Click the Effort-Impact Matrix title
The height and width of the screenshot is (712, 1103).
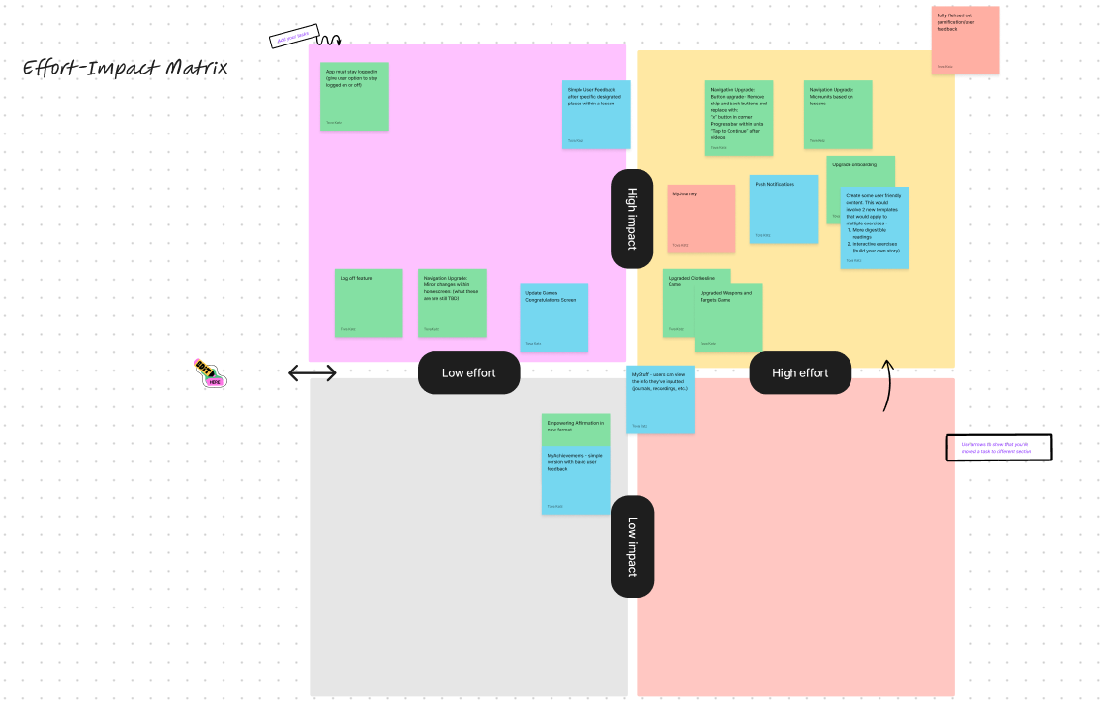(x=126, y=69)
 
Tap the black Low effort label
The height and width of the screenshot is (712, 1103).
(x=469, y=373)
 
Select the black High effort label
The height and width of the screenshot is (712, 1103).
(x=800, y=373)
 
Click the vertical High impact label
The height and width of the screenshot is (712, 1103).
(x=632, y=219)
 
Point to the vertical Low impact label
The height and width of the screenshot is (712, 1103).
(x=632, y=546)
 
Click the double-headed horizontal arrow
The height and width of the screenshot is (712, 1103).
(x=313, y=373)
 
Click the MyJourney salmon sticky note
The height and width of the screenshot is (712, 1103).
(x=701, y=219)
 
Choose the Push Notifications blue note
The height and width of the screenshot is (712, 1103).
(x=783, y=208)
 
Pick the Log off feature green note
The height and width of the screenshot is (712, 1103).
(x=369, y=303)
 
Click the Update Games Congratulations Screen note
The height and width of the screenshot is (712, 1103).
(x=554, y=317)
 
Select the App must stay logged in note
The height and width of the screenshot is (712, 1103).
(x=354, y=96)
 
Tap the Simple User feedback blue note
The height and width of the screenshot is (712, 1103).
(x=596, y=114)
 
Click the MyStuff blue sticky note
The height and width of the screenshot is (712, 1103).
(x=660, y=399)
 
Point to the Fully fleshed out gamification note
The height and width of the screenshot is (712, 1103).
(x=966, y=40)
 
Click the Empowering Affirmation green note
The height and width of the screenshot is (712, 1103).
(x=575, y=430)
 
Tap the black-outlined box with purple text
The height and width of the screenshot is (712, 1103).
(x=999, y=448)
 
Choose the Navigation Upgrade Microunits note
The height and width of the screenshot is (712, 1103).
(x=838, y=114)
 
